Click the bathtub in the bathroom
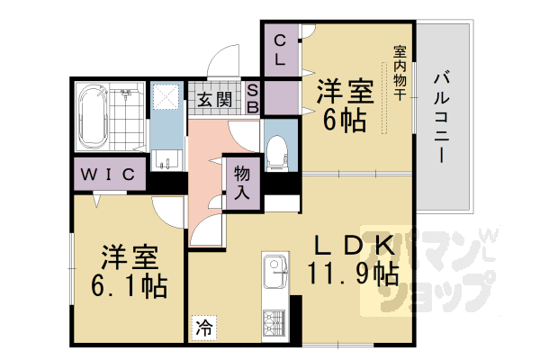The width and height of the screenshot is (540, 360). tap(94, 118)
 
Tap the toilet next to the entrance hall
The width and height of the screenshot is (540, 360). tap(276, 149)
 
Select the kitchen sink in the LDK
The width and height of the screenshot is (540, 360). tap(274, 268)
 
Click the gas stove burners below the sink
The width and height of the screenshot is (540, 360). tap(274, 322)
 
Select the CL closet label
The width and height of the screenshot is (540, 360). tap(280, 49)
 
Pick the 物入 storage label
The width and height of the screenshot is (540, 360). tap(241, 180)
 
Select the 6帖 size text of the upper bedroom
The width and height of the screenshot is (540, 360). tap(341, 121)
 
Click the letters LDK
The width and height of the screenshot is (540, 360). tap(352, 243)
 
